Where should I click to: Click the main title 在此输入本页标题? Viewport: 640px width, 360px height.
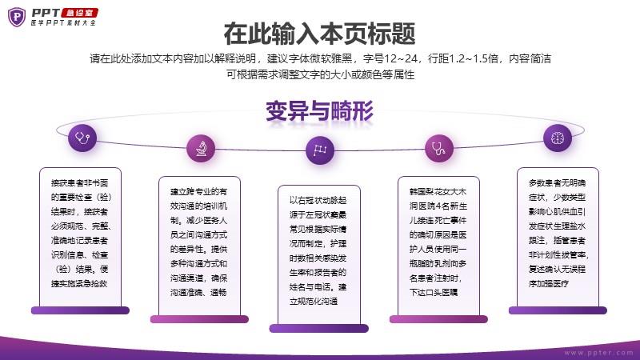point(319,34)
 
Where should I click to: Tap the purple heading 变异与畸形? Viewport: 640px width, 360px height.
point(319,111)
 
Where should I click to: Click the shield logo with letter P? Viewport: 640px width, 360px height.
point(17,17)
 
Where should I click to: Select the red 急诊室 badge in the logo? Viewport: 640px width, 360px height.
point(79,13)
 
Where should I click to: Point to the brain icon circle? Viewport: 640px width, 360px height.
point(558,138)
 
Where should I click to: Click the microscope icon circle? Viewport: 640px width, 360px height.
point(201,149)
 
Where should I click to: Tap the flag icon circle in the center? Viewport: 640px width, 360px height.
point(319,150)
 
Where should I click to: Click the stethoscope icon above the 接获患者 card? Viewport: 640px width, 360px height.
point(82,138)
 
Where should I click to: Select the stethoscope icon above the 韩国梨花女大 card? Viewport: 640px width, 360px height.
point(438,148)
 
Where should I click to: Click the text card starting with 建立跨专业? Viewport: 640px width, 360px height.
point(199,246)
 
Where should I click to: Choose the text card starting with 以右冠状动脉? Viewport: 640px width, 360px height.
point(319,255)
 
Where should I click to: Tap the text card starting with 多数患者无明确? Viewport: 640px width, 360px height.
point(558,237)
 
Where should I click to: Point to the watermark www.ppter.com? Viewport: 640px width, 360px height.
point(598,353)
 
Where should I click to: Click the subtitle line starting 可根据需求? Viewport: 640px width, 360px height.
point(321,74)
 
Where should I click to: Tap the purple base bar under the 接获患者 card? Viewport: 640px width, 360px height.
point(81,310)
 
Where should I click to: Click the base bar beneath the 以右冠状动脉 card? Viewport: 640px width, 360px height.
point(319,328)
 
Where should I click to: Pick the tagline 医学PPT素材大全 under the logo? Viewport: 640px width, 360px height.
point(63,23)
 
